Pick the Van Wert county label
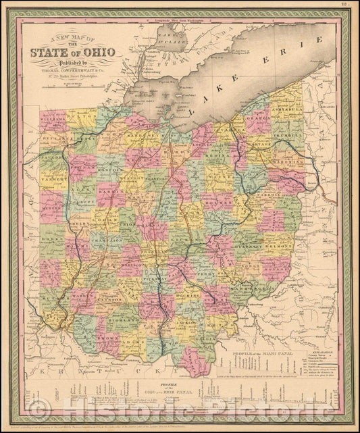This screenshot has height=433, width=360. (x=52, y=181)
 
